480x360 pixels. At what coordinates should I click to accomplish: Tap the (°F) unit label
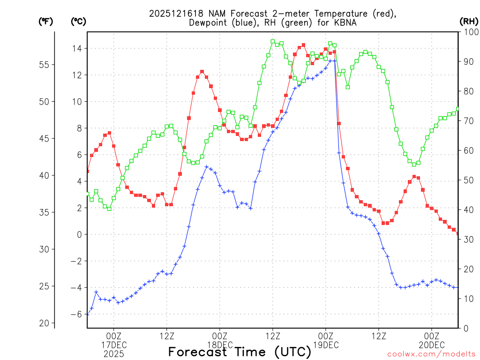45,21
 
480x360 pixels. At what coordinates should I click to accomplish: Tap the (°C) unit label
78,21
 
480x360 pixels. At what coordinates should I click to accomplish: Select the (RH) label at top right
468,21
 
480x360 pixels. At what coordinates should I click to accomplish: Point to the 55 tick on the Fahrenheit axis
47,65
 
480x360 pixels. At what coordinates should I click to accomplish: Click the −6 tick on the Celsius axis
76,314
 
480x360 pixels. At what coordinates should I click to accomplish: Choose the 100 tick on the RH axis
469,32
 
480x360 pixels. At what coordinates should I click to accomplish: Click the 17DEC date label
114,345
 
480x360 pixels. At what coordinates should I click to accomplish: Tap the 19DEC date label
326,345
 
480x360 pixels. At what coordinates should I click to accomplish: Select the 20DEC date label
432,345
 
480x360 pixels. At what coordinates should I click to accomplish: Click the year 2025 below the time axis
114,354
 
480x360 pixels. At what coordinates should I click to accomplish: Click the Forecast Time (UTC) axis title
240,352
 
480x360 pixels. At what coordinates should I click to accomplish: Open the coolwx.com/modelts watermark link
431,354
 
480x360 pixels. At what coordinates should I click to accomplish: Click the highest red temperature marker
303,45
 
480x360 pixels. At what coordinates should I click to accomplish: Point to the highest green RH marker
272,41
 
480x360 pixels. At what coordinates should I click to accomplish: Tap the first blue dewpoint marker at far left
88,314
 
